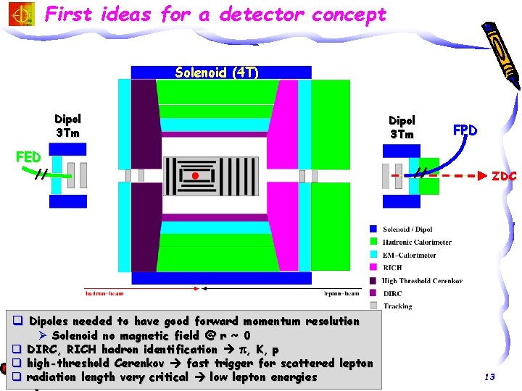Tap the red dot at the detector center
point(194,176)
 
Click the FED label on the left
point(28,157)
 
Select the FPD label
point(465,131)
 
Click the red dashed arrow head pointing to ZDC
point(481,176)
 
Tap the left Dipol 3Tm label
point(67,126)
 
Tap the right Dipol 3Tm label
point(402,127)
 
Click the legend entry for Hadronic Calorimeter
point(417,242)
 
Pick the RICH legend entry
point(393,268)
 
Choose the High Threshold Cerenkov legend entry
point(421,281)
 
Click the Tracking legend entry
point(397,306)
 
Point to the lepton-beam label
point(341,294)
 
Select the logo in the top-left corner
point(20,14)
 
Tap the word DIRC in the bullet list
point(42,349)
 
